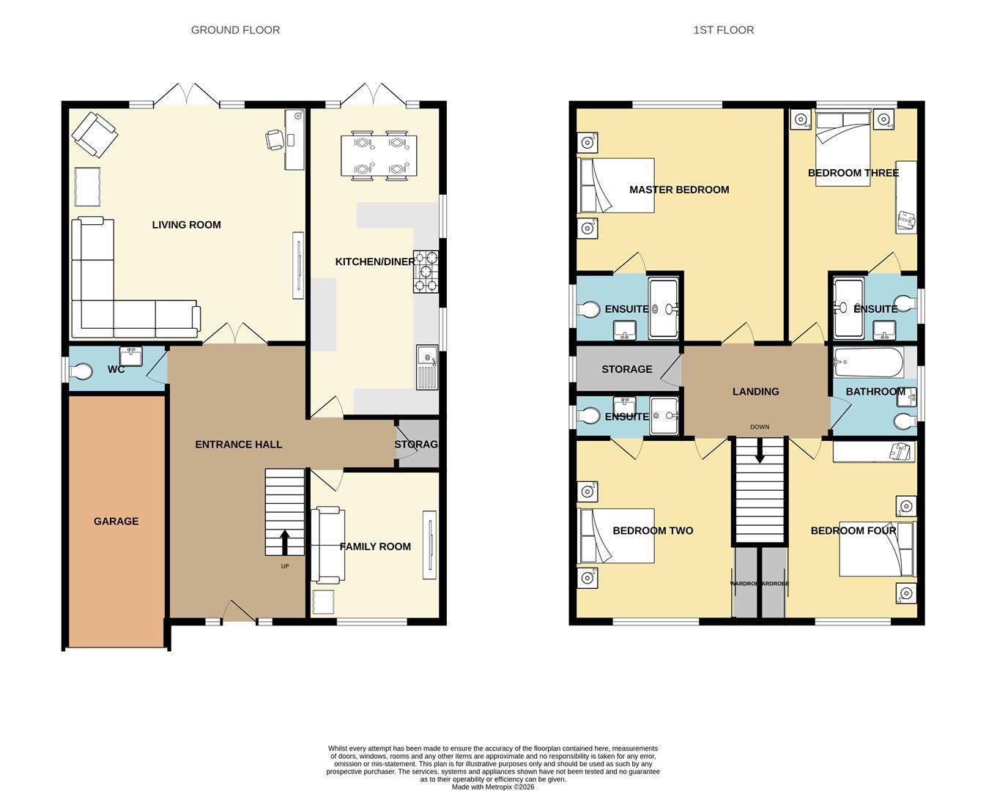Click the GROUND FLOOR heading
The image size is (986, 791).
[235, 30]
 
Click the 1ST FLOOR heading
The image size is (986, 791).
[723, 30]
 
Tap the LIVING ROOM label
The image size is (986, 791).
[186, 225]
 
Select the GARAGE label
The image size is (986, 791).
[116, 521]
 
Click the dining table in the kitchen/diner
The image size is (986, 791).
[379, 156]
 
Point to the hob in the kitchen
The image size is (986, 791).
[426, 272]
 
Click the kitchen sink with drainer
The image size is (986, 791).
[426, 366]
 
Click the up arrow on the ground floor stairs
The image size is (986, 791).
[284, 542]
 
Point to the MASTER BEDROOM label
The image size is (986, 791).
[679, 190]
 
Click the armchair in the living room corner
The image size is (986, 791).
[94, 134]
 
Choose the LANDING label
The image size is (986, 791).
[755, 392]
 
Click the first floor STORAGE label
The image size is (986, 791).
[626, 369]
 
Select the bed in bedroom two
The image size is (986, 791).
[616, 536]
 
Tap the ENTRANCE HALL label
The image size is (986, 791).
[238, 445]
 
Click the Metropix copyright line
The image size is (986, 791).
[492, 787]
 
